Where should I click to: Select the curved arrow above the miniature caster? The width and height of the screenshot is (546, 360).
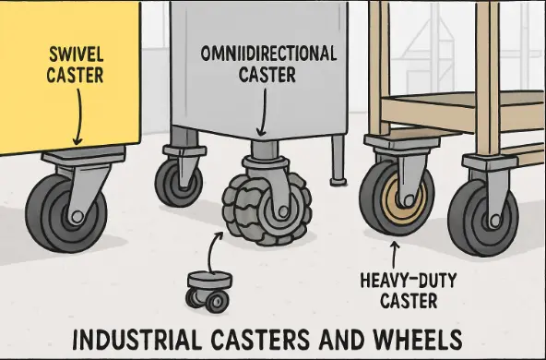point(217,247)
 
